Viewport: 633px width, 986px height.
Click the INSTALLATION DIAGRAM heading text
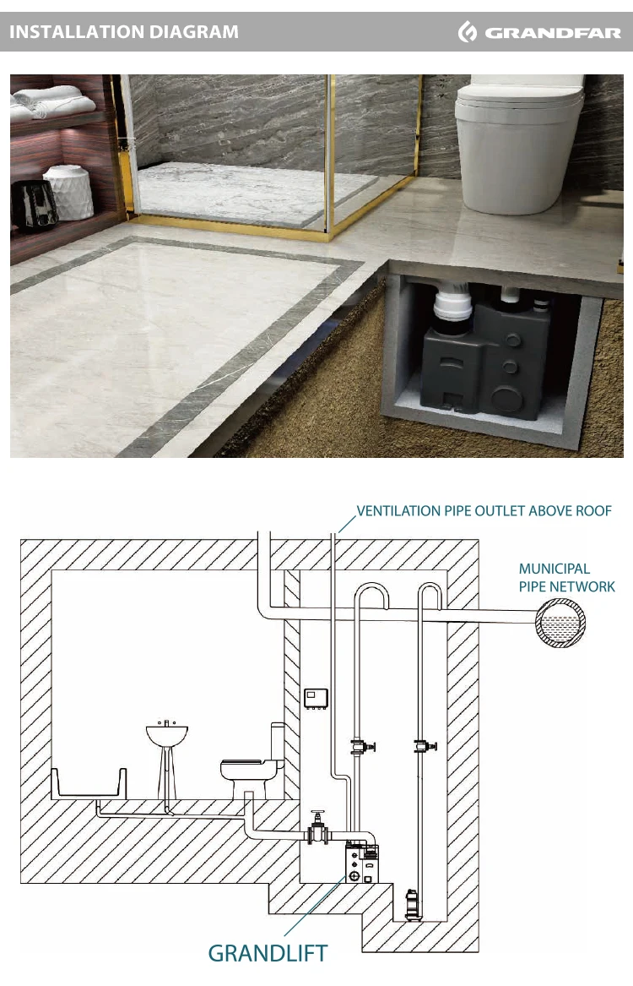tap(124, 32)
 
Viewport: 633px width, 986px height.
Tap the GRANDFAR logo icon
tap(468, 31)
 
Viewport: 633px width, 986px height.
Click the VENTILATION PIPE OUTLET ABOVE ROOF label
tap(484, 510)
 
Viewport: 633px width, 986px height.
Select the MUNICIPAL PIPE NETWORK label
tap(566, 578)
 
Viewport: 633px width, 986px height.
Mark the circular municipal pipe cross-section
tap(560, 623)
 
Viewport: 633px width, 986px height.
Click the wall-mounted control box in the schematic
tap(316, 699)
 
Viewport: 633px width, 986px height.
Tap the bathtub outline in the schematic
tap(89, 783)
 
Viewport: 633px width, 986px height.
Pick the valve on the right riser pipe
tap(425, 746)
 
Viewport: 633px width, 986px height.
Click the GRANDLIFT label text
tap(268, 953)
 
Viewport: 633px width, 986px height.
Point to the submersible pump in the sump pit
tap(412, 904)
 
